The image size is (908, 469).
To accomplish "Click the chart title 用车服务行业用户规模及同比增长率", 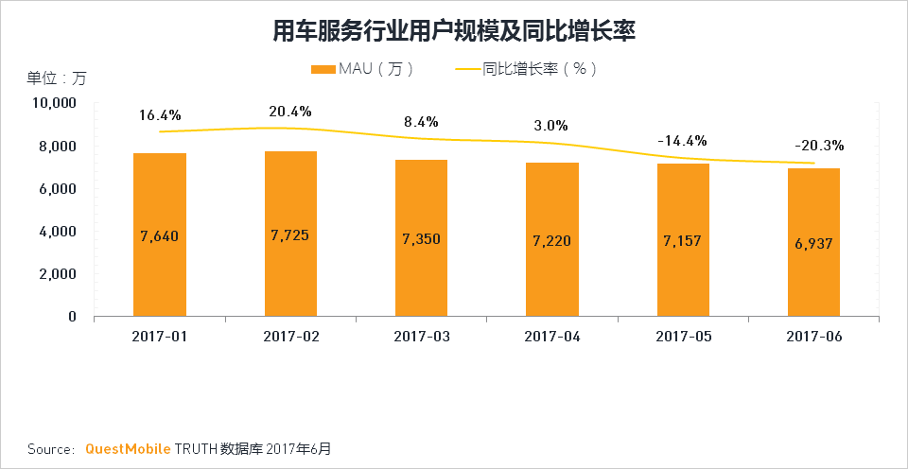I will pyautogui.click(x=453, y=32).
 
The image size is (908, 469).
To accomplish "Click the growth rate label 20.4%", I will pyautogui.click(x=290, y=112).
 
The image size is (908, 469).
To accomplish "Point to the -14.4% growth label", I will pyautogui.click(x=682, y=141).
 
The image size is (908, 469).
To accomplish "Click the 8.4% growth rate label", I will pyautogui.click(x=421, y=121).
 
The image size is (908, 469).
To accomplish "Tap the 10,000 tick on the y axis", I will pyautogui.click(x=52, y=103).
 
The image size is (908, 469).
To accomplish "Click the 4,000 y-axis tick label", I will pyautogui.click(x=57, y=232).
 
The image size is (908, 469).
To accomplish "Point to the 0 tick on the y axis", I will pyautogui.click(x=72, y=317).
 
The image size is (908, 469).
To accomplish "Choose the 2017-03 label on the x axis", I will pyautogui.click(x=421, y=337).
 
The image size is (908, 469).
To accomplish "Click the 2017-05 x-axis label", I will pyautogui.click(x=683, y=337).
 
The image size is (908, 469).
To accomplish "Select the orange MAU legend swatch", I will pyautogui.click(x=323, y=69).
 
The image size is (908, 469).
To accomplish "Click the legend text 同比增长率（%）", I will pyautogui.click(x=539, y=69).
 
